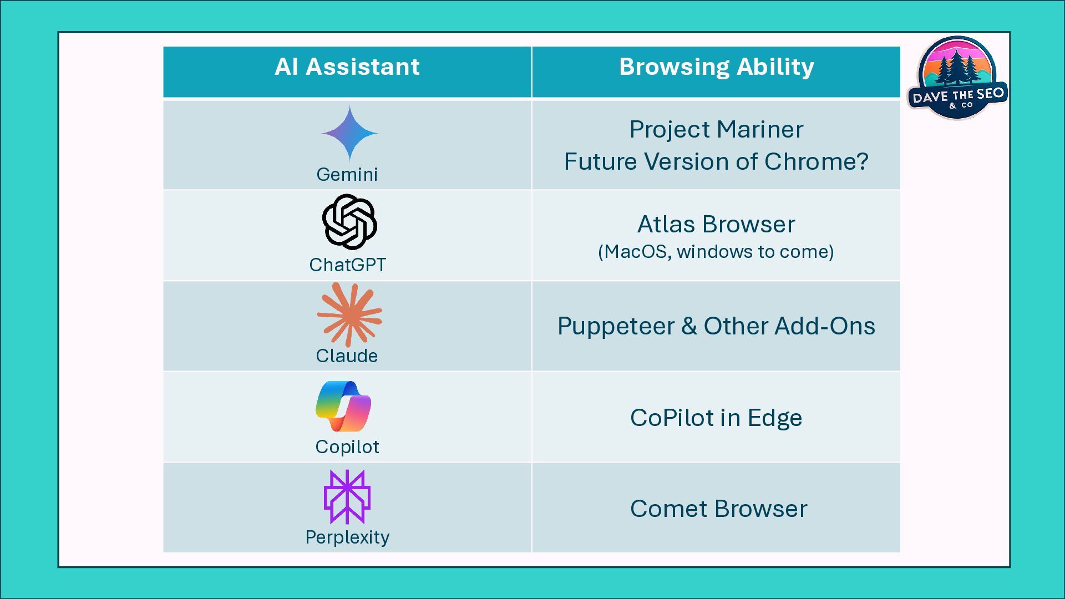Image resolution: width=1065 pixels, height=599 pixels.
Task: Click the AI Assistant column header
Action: coord(347,67)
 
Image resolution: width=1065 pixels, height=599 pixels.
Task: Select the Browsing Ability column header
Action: coord(716,67)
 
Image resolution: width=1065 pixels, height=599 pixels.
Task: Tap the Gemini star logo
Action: coord(349,133)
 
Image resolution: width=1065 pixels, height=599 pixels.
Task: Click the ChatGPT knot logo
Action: coord(349,222)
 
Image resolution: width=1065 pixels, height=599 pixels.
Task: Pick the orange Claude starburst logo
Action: coord(349,314)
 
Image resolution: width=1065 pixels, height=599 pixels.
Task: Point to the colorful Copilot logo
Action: coord(344,406)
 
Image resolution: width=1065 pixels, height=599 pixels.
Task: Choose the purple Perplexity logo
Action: coord(347,497)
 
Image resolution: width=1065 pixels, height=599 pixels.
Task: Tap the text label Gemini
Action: coord(347,175)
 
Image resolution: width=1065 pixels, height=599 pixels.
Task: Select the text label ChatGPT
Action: coord(347,265)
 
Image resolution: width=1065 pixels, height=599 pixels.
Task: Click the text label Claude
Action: coord(347,356)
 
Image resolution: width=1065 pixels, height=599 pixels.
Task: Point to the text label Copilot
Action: coord(347,447)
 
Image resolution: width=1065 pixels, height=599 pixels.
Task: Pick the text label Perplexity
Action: coord(347,537)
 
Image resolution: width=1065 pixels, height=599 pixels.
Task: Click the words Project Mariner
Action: coord(716,130)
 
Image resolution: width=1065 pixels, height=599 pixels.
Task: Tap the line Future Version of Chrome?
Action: coord(716,162)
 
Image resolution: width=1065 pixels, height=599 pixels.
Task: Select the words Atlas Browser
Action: coord(716,225)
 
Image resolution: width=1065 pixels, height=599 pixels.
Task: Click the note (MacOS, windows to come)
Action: coord(716,252)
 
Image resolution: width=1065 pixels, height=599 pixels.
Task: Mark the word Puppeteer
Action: coord(616,326)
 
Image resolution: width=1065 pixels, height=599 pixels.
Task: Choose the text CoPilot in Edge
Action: coord(716,418)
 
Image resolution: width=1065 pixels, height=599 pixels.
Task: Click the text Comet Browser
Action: coord(718,509)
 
